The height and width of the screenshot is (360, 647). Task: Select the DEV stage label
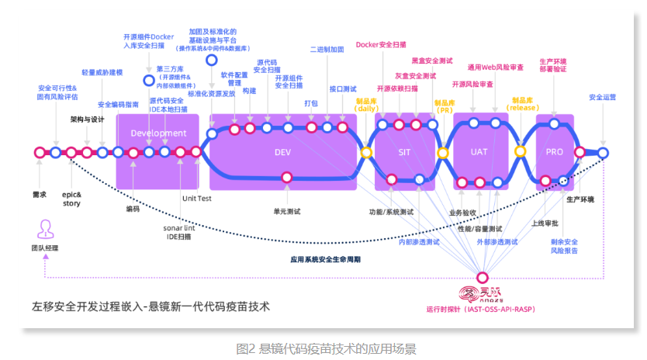[282, 152]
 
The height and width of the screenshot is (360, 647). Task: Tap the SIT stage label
[403, 152]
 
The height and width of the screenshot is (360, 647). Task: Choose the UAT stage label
[479, 152]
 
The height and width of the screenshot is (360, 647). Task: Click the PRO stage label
[554, 152]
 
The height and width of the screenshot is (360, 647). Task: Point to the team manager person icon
[45, 229]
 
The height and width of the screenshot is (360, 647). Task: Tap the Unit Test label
[197, 199]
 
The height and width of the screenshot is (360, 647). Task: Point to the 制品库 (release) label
[523, 104]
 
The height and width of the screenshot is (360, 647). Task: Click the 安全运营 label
[602, 98]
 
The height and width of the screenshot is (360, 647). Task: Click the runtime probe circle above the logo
[483, 277]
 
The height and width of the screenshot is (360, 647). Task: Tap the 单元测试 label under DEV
[287, 210]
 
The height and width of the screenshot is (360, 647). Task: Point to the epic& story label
[71, 199]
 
